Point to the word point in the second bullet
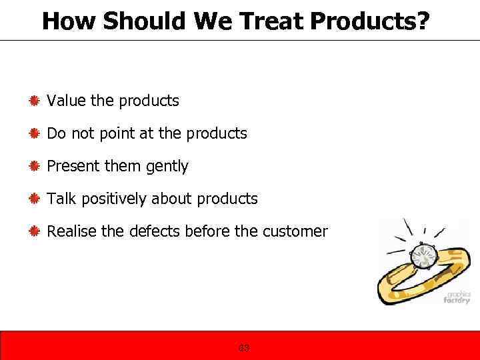(x=118, y=133)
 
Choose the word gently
(x=167, y=167)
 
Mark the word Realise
(x=71, y=231)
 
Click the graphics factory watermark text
(x=457, y=297)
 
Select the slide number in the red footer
(x=244, y=348)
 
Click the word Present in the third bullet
(x=73, y=166)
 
